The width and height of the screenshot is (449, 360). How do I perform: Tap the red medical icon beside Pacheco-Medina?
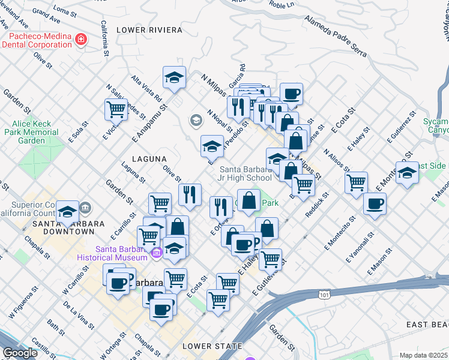[81, 40]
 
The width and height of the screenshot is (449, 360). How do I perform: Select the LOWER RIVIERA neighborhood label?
[149, 29]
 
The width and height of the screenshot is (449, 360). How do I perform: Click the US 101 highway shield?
[324, 294]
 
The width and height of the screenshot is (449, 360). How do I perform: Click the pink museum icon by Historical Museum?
[157, 253]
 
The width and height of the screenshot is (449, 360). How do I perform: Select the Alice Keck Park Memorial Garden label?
[36, 132]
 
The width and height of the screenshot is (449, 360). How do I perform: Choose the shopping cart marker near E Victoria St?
[116, 109]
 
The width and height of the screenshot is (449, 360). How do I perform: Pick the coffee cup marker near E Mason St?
[375, 203]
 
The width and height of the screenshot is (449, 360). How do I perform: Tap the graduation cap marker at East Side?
[408, 173]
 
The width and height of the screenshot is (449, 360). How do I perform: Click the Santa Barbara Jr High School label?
[246, 173]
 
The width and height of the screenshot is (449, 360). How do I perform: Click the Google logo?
[20, 353]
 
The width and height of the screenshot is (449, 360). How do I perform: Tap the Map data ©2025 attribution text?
[423, 355]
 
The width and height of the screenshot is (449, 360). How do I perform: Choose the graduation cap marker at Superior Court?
[67, 211]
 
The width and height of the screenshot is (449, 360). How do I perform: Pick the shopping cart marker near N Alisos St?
[357, 181]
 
